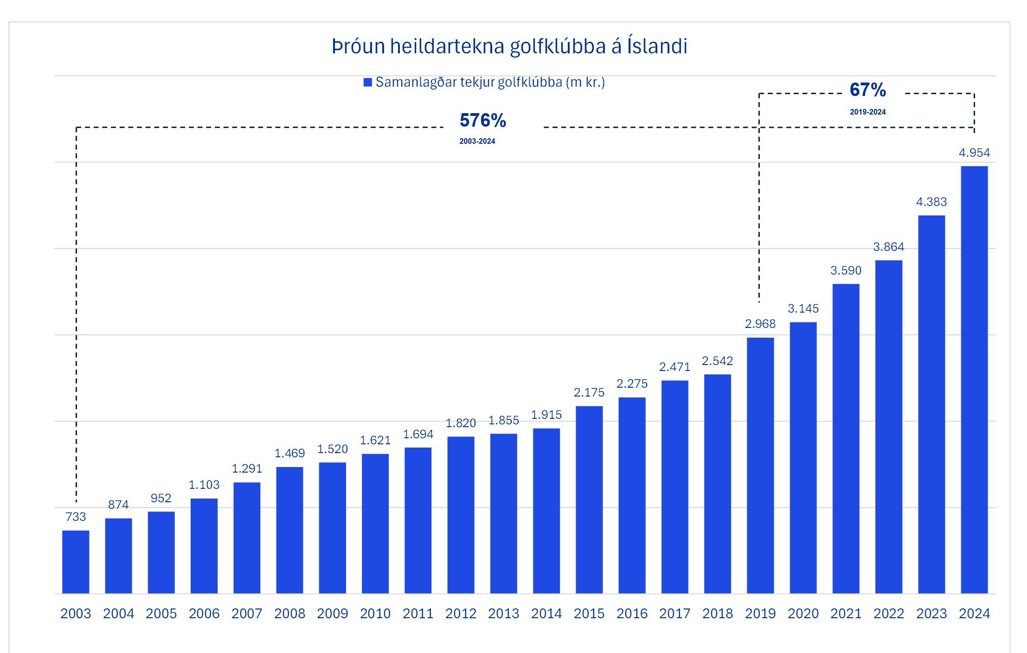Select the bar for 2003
pyautogui.click(x=76, y=562)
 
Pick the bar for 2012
pyautogui.click(x=461, y=515)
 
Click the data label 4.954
pyautogui.click(x=974, y=153)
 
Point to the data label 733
pyautogui.click(x=76, y=517)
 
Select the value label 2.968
pyautogui.click(x=760, y=324)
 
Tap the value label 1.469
pyautogui.click(x=289, y=453)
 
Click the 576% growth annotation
pyautogui.click(x=482, y=121)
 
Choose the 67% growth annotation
pyautogui.click(x=867, y=90)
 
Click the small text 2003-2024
pyautogui.click(x=477, y=141)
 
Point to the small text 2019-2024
pyautogui.click(x=867, y=112)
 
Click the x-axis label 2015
pyautogui.click(x=589, y=614)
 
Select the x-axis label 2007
pyautogui.click(x=247, y=614)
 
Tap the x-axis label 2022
pyautogui.click(x=889, y=614)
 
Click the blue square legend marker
pyautogui.click(x=368, y=83)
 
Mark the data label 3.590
pyautogui.click(x=846, y=270)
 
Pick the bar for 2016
pyautogui.click(x=632, y=495)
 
